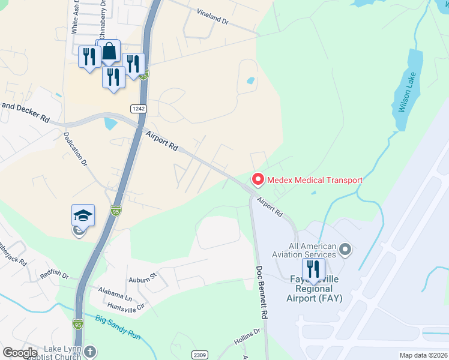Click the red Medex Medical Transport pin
point(258,179)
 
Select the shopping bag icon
point(109,52)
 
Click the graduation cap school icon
point(83,215)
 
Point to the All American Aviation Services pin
point(345,248)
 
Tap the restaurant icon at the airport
point(313,268)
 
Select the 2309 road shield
point(199,355)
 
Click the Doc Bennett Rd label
point(262,292)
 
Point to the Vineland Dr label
point(213,16)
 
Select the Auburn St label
point(142,277)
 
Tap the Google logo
point(19,353)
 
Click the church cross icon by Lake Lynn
point(89,352)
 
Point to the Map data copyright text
point(423,355)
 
